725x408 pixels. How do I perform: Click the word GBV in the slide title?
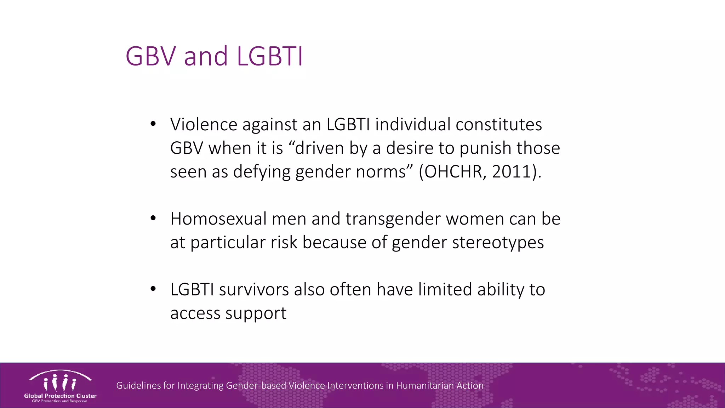coord(150,56)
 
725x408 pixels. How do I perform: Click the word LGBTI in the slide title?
coord(270,56)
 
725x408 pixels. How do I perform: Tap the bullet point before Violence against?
coord(153,124)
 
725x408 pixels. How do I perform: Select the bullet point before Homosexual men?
coord(153,218)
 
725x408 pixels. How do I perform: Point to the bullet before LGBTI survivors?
coord(153,289)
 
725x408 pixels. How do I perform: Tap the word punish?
coord(485,148)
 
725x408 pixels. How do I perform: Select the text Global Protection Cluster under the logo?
coord(60,396)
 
